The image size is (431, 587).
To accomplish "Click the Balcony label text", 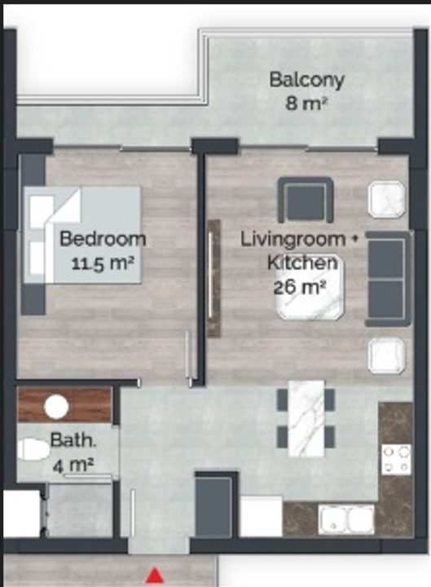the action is [x=307, y=81].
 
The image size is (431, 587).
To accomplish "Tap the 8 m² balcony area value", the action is [x=307, y=104].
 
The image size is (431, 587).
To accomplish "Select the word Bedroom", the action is [x=103, y=239].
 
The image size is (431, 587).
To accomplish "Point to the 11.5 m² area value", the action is [x=103, y=263].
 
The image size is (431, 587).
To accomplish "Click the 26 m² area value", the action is [x=300, y=287].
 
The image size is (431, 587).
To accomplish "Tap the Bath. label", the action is [x=73, y=440].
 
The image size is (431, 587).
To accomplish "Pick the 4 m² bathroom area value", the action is [x=73, y=465].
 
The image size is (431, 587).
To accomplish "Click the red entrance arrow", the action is [x=155, y=576].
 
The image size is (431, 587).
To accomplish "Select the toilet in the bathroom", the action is [x=33, y=449].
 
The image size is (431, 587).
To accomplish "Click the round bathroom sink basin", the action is [x=56, y=407].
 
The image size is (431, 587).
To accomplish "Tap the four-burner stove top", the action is [x=396, y=459].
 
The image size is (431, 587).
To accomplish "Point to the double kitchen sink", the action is [x=345, y=519].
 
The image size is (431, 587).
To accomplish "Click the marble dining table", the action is [x=306, y=418].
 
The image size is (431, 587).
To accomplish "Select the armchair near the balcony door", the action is [x=306, y=200].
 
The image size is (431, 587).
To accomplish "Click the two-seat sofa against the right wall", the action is [x=388, y=279].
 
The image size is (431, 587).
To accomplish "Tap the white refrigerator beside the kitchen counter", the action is [x=261, y=516].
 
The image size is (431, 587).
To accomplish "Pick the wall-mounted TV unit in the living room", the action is [x=213, y=279].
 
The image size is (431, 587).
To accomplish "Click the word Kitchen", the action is [x=302, y=263].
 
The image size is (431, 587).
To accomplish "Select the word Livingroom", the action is [x=292, y=240].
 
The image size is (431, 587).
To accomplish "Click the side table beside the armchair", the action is [x=387, y=199].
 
